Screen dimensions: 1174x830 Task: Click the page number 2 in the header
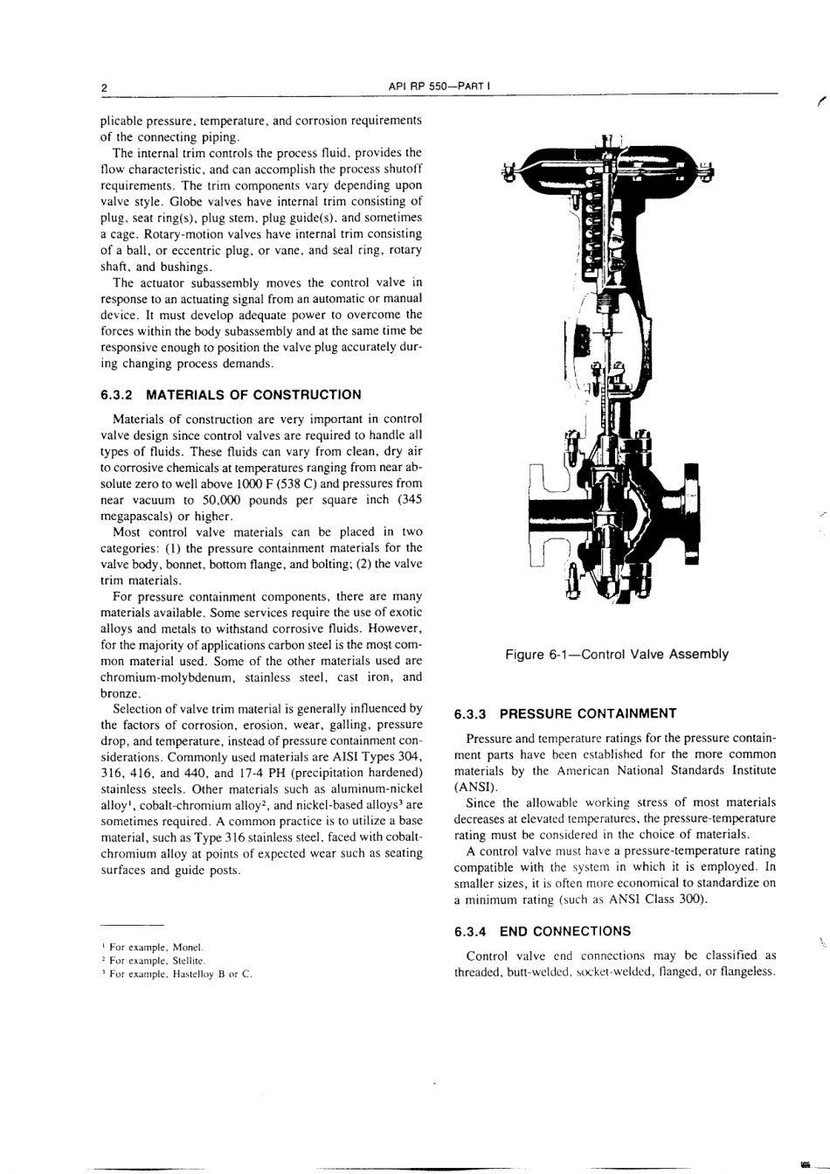[x=103, y=87]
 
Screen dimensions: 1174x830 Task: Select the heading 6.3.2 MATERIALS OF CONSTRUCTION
[x=231, y=394]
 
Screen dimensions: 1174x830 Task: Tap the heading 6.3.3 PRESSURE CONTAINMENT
[x=565, y=713]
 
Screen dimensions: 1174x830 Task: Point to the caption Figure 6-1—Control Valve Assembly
[x=616, y=654]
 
